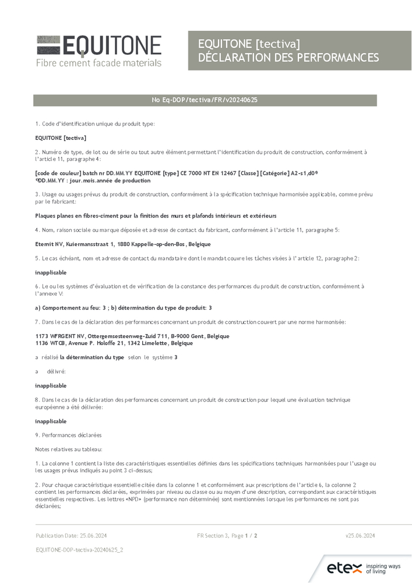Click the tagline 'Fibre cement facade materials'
tap(98, 62)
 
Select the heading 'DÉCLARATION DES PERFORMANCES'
tap(288, 57)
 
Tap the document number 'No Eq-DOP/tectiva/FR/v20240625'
tap(205, 100)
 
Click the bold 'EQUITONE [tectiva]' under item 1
tap(61, 138)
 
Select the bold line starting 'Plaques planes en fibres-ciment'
tap(156, 216)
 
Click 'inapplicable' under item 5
tap(51, 272)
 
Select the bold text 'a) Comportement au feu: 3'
tap(72, 307)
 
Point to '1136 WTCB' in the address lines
tap(50, 343)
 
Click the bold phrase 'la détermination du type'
tap(91, 357)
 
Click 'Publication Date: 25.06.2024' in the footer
tap(71, 535)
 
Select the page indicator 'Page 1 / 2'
tap(245, 535)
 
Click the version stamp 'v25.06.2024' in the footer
tap(360, 535)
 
